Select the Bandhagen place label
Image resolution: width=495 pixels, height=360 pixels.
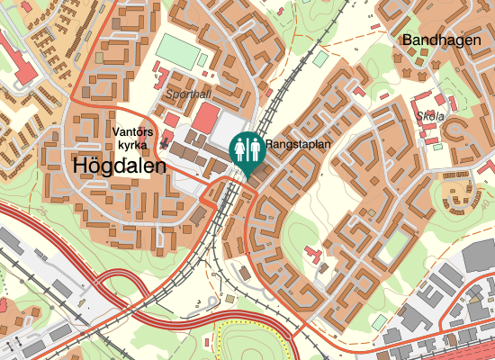coord(437,40)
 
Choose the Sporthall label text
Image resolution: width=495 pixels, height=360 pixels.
coord(188,94)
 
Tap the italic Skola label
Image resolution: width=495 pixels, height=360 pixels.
coord(431,115)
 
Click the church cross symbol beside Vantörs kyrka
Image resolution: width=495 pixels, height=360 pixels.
coord(164,143)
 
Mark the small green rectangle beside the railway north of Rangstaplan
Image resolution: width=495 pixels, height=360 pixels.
coord(320,58)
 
